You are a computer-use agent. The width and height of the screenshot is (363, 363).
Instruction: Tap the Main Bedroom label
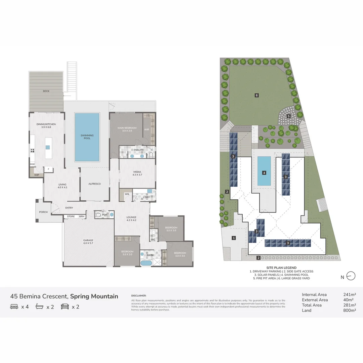click(127, 128)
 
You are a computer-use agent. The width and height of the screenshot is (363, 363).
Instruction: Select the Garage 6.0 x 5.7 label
click(88, 242)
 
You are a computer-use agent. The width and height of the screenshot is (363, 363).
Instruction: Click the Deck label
click(46, 91)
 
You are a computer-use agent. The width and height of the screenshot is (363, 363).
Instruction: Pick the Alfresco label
click(94, 184)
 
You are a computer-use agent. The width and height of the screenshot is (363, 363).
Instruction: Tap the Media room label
click(137, 173)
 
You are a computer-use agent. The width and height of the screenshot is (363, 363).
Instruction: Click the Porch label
click(43, 212)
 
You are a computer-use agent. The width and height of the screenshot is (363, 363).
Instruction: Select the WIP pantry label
click(37, 175)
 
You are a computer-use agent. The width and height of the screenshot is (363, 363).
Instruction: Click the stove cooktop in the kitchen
click(33, 151)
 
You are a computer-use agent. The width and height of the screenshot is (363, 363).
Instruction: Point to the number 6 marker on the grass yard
click(256, 95)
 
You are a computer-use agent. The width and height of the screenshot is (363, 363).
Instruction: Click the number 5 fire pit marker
click(288, 116)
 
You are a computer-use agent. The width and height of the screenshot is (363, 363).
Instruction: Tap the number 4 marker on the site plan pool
click(264, 173)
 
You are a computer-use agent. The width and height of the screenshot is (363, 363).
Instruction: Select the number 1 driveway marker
click(234, 238)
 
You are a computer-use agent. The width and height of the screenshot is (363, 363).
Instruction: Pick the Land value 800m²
click(350, 310)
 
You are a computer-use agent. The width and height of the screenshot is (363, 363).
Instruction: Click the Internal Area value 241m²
click(350, 295)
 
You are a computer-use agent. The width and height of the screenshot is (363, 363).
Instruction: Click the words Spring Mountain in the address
click(94, 296)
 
